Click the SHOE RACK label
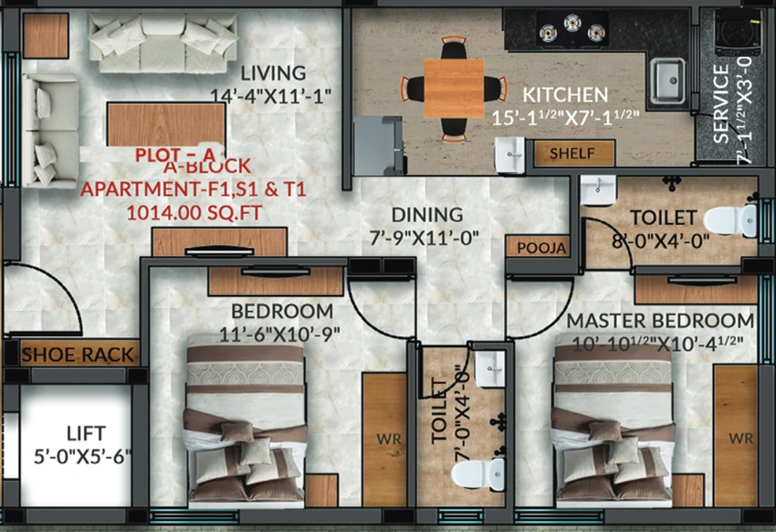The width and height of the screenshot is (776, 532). tap(78, 355)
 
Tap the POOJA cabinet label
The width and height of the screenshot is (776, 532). tap(541, 248)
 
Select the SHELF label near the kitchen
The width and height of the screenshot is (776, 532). tap(572, 154)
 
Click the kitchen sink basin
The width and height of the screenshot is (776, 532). tap(667, 80)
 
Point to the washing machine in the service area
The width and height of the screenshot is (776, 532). tap(738, 32)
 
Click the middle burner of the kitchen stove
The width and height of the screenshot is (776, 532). tap(572, 22)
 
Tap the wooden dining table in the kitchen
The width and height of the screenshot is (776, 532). tap(454, 89)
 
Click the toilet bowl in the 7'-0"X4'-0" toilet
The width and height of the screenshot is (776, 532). tap(477, 474)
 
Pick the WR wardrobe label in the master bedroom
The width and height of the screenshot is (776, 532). tap(740, 439)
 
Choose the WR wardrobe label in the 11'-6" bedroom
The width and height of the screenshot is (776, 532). tap(389, 439)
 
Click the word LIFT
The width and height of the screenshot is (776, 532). tap(86, 433)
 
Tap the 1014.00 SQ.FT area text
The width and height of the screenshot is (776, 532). tap(194, 213)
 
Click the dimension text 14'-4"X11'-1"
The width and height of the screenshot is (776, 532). tap(271, 96)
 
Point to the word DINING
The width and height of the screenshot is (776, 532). tap(427, 215)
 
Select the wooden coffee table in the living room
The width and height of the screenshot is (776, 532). tap(166, 124)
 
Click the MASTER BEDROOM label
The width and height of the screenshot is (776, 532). tap(660, 321)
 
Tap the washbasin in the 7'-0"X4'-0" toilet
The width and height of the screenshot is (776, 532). tap(490, 368)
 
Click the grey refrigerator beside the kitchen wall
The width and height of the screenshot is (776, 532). tap(378, 145)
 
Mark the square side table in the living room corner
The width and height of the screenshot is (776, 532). tap(46, 35)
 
